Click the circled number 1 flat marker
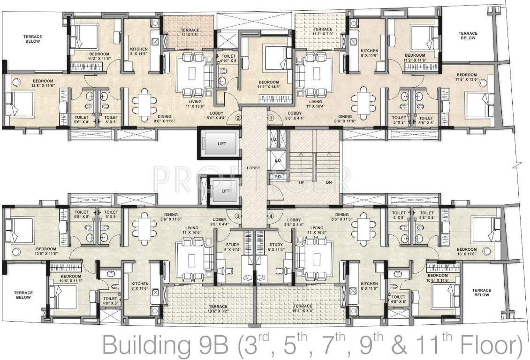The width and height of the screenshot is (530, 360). pos(271,118)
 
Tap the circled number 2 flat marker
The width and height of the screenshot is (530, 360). pos(238,118)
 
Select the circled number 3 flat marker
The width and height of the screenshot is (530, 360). pos(238,216)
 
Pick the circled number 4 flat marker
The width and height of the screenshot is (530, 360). pos(271,216)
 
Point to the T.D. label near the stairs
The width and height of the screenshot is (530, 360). pos(274,140)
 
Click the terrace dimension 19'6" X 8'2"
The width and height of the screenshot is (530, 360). pos(212,310)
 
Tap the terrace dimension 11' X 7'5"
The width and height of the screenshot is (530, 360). pos(190,35)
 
